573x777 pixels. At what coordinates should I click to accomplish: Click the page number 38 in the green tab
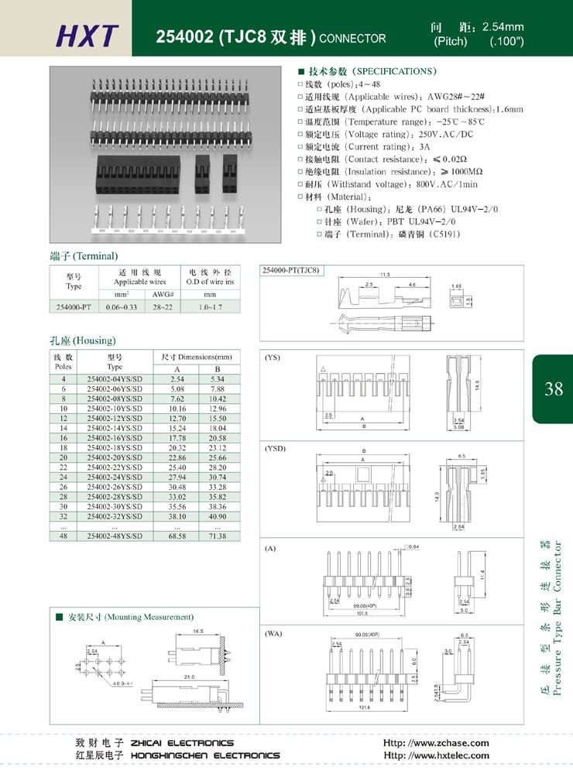click(554, 389)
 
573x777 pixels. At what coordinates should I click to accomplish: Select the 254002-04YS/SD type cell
click(115, 379)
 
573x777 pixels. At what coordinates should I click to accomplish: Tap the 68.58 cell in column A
click(177, 536)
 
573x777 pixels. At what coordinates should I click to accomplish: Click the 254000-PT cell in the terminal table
click(74, 307)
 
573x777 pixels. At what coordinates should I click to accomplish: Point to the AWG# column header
click(161, 294)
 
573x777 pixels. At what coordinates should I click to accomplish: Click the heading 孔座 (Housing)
click(82, 340)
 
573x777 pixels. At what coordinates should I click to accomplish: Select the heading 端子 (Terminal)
click(84, 255)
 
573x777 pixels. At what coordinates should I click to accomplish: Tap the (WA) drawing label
click(273, 633)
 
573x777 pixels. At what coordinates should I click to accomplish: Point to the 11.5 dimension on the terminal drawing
click(384, 275)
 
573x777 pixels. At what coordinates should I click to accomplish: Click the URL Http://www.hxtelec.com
click(436, 755)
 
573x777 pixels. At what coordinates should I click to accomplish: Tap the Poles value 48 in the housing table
click(63, 536)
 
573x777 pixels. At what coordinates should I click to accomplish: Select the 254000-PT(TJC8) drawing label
click(291, 270)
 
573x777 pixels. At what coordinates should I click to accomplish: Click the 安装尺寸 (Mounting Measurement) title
click(125, 617)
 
